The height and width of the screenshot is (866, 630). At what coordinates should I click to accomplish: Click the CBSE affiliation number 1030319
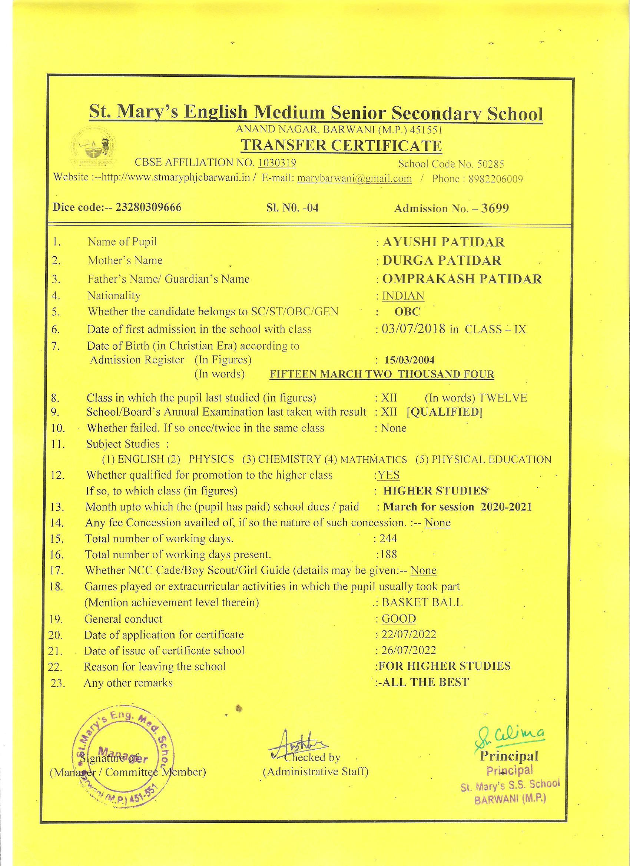point(277,163)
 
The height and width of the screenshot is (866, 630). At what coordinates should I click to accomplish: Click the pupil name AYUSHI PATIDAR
point(443,242)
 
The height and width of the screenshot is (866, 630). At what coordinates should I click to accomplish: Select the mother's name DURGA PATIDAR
point(442,260)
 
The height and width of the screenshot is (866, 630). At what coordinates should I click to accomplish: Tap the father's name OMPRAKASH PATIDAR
point(462,279)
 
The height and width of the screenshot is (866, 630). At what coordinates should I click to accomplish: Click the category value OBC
point(407,312)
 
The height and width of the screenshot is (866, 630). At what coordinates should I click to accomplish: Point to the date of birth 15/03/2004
point(409,360)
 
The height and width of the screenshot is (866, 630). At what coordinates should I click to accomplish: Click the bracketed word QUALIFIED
point(444,412)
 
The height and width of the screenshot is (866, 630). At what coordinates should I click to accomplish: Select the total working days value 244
point(388,539)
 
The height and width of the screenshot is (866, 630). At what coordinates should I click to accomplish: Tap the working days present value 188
point(388,554)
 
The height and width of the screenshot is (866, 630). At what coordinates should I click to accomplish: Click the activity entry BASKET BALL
point(422,603)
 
